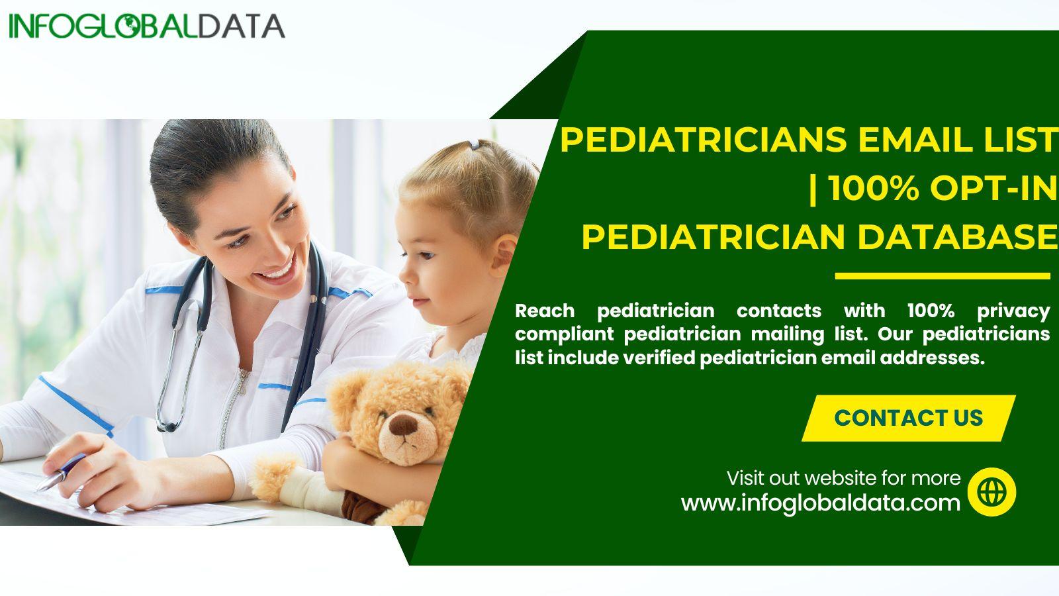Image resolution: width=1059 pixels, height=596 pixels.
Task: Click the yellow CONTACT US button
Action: pyautogui.click(x=908, y=418)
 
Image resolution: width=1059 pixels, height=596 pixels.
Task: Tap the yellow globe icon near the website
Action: pyautogui.click(x=991, y=491)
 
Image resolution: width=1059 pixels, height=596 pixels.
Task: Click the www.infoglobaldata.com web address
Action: pyautogui.click(x=821, y=503)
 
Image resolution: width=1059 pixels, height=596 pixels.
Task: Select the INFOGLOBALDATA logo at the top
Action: pyautogui.click(x=146, y=26)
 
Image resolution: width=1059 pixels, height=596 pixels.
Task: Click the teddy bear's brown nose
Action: pyautogui.click(x=403, y=424)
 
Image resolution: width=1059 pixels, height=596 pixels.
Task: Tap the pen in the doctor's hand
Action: pyautogui.click(x=62, y=472)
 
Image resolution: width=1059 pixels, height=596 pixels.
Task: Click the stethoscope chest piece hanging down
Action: pyautogui.click(x=166, y=424)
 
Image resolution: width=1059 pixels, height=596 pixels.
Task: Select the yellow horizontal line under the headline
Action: pyautogui.click(x=943, y=275)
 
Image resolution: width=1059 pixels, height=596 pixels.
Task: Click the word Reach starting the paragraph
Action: pyautogui.click(x=545, y=311)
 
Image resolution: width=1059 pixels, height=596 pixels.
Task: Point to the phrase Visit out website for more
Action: pyautogui.click(x=844, y=478)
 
